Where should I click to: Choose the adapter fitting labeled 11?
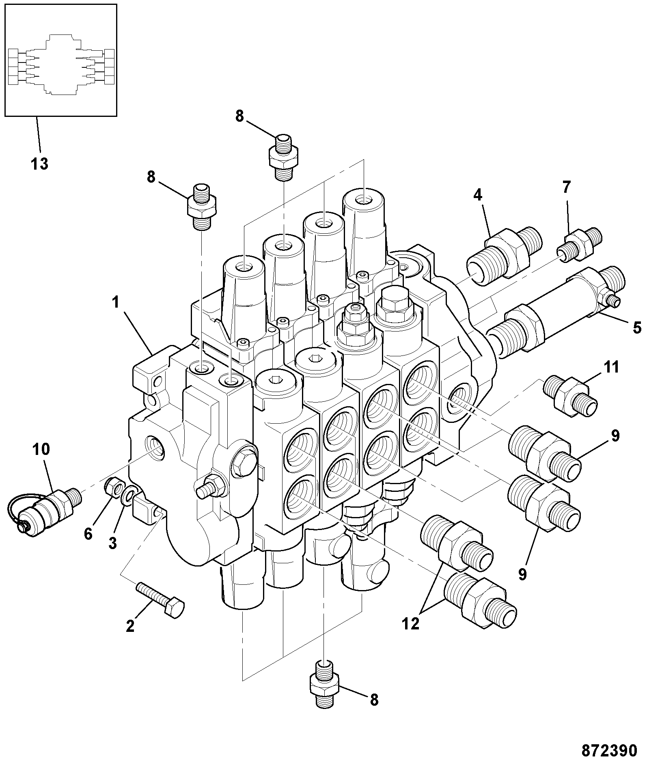click(571, 396)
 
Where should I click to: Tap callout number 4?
click(478, 195)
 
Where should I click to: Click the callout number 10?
click(41, 449)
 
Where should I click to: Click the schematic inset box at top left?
click(60, 60)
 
